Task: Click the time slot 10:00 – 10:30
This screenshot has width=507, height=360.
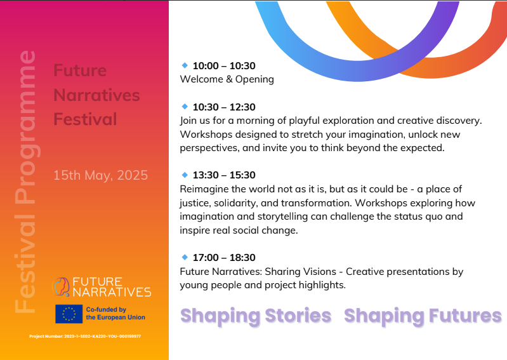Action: (x=224, y=65)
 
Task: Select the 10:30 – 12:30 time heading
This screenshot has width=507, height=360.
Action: (x=224, y=107)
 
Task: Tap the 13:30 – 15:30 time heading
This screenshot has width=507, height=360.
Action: (x=224, y=175)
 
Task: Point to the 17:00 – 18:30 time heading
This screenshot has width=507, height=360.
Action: (x=224, y=258)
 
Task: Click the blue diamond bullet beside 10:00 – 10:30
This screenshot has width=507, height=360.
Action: (x=185, y=65)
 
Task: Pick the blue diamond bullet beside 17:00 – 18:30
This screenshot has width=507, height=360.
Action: (x=185, y=257)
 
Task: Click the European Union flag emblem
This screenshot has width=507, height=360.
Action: (x=69, y=314)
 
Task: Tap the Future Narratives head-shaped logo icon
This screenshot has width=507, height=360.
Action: (x=61, y=286)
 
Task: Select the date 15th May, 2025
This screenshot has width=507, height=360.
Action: (x=100, y=175)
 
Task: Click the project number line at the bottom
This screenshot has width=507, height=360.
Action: (x=85, y=337)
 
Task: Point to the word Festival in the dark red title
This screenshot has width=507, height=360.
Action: (x=85, y=119)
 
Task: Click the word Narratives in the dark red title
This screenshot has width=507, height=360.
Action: (x=96, y=95)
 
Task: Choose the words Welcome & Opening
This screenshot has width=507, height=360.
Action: (x=227, y=79)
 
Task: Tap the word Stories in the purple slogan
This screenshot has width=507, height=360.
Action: (x=298, y=316)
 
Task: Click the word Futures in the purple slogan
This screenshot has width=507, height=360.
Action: (x=465, y=316)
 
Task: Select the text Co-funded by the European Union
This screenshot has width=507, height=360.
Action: (x=115, y=314)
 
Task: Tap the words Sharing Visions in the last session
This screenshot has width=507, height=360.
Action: (x=300, y=272)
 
